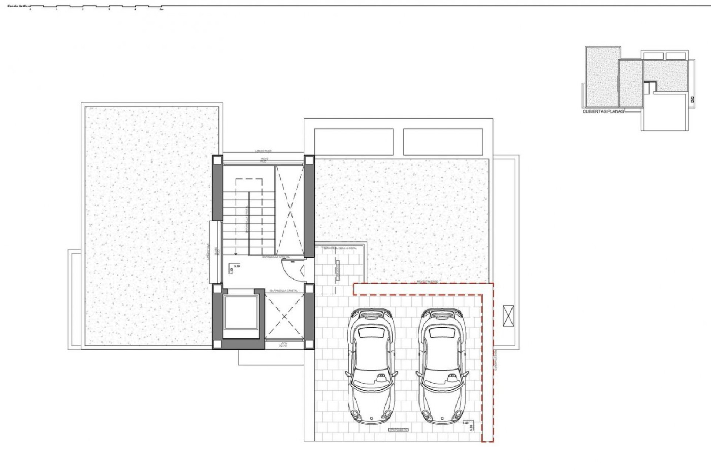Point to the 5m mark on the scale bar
pyautogui.click(x=161, y=9)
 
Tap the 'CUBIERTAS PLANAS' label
pyautogui.click(x=603, y=111)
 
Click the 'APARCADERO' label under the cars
pyautogui.click(x=398, y=430)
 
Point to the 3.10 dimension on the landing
pyautogui.click(x=237, y=266)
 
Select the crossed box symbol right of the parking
pyautogui.click(x=508, y=316)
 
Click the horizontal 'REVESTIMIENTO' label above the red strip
pyautogui.click(x=427, y=281)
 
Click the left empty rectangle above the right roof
pyautogui.click(x=353, y=142)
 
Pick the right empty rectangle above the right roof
pyautogui.click(x=443, y=142)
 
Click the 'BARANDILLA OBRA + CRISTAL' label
pyautogui.click(x=340, y=248)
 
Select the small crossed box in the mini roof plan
pyautogui.click(x=691, y=99)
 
